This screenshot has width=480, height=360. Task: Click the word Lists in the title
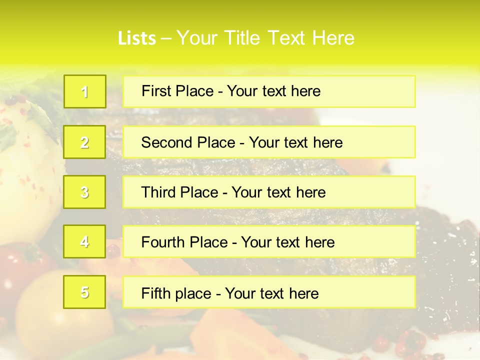pos(136,38)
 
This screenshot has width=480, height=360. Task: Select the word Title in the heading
pos(243,38)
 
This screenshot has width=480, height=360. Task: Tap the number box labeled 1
pos(85,91)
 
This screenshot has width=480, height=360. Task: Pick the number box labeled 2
pos(85,142)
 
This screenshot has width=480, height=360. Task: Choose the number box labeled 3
pos(85,192)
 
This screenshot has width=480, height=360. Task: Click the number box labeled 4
pos(85,242)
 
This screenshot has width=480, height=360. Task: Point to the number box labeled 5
pos(85,292)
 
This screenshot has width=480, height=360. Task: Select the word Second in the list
pos(167,142)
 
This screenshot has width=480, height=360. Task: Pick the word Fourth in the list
pos(163,242)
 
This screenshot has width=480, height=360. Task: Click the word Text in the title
pos(287,38)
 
